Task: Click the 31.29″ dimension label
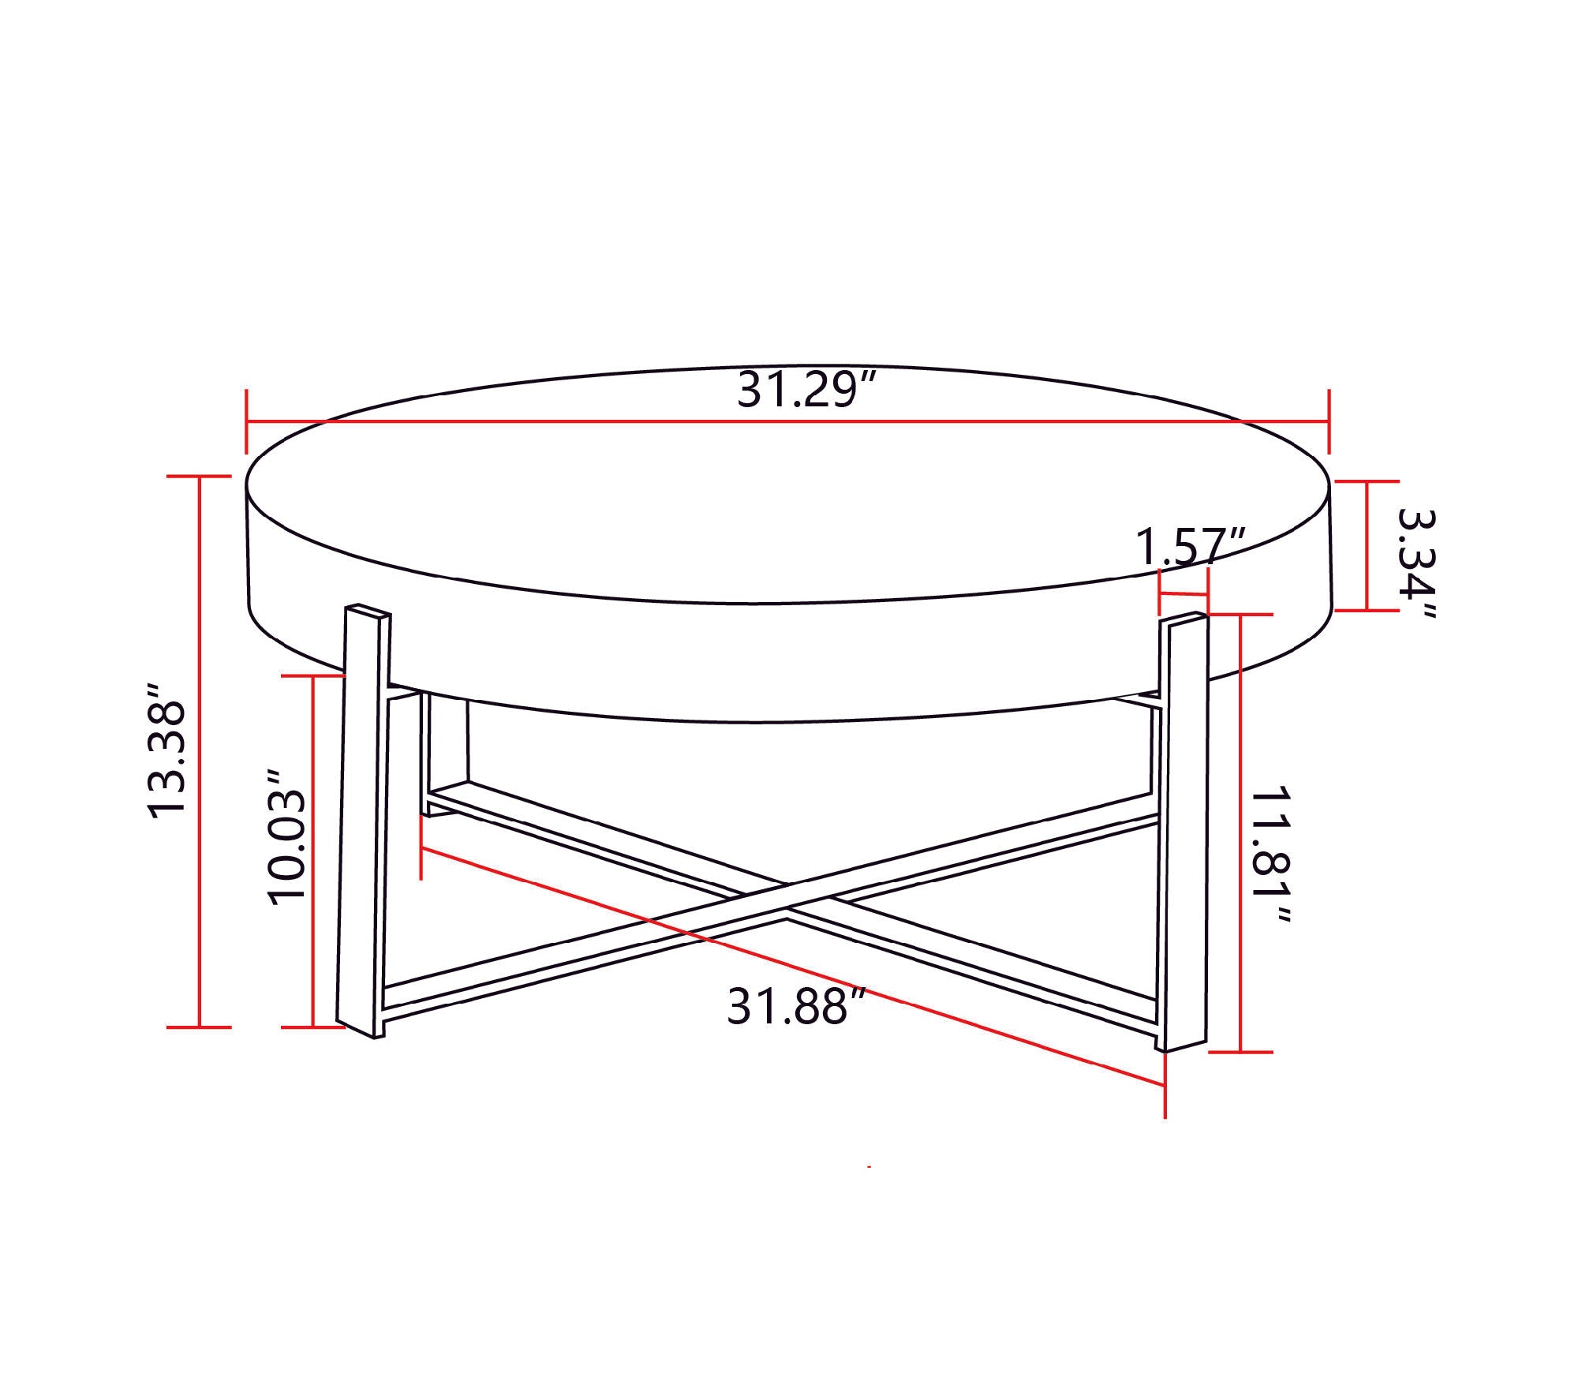point(807,391)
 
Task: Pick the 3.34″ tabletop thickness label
point(1416,563)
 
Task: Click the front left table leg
point(364,821)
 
